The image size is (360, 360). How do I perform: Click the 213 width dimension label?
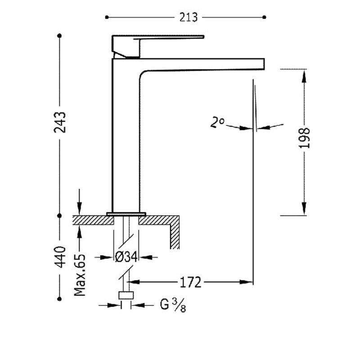(188, 18)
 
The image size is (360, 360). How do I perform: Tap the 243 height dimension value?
(60, 122)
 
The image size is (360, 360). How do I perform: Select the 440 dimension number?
(60, 257)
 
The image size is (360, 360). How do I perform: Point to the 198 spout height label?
(305, 138)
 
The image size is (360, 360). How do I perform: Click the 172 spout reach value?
(190, 282)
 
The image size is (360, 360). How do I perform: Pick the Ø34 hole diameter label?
(126, 257)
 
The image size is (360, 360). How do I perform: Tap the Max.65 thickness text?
(80, 275)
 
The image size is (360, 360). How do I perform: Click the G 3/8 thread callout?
(173, 306)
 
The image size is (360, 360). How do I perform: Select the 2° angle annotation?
(217, 122)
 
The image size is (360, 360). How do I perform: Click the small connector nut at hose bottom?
(126, 295)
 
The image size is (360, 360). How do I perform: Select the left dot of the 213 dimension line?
(107, 17)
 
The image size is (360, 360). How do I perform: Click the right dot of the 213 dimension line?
(264, 17)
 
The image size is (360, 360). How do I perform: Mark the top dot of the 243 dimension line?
(60, 36)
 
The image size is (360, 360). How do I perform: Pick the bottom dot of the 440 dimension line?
(60, 299)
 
